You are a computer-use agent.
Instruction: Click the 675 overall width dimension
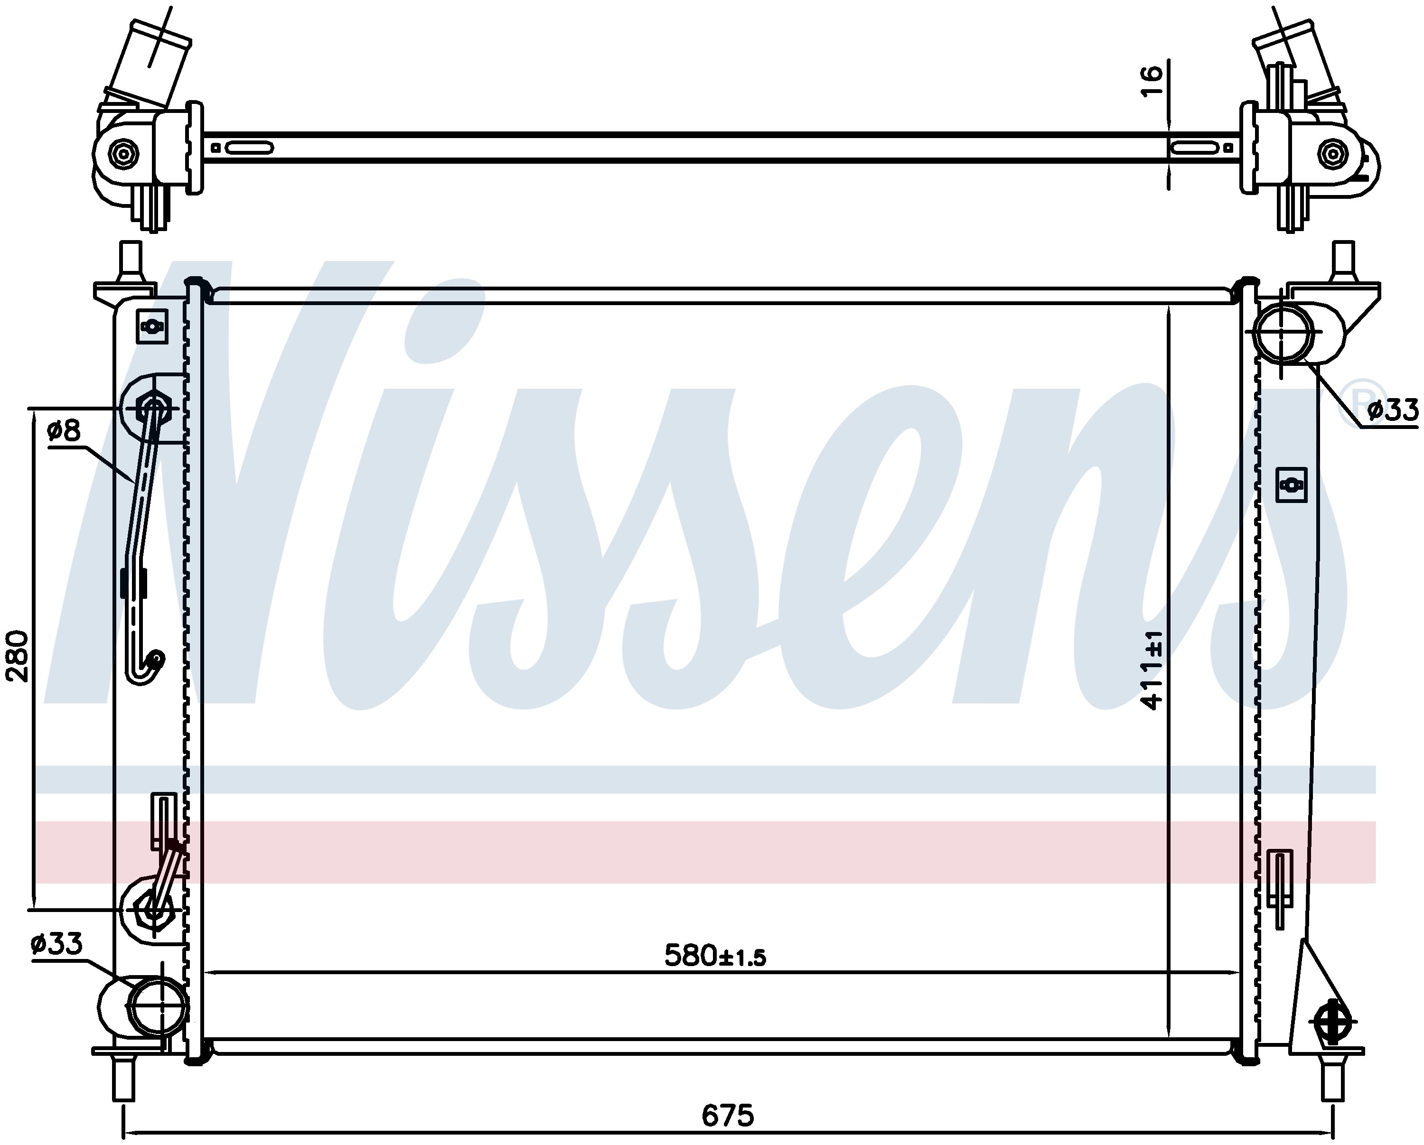click(727, 1117)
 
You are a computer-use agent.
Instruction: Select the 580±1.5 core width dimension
click(715, 956)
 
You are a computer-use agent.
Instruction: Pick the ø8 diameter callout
click(64, 430)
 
